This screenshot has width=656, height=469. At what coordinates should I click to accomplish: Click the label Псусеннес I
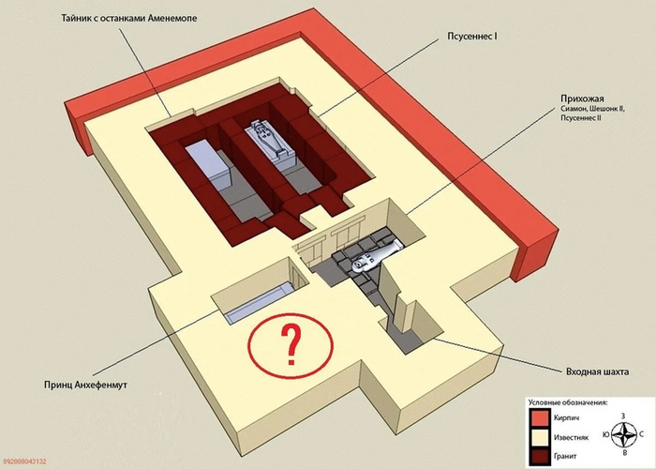(472, 37)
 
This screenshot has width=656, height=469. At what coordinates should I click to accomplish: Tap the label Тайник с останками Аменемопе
(129, 19)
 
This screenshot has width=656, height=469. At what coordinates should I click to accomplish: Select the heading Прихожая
(582, 98)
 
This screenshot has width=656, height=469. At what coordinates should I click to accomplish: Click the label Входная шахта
(597, 371)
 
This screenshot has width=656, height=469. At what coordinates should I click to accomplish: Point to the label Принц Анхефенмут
(85, 385)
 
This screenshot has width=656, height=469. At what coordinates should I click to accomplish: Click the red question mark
(291, 345)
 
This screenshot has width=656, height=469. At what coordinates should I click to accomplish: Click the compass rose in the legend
(623, 433)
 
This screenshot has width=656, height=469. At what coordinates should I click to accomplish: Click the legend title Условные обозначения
(568, 402)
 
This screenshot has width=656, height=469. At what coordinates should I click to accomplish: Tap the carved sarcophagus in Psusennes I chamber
(271, 144)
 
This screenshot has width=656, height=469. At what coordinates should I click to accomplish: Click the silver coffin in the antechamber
(375, 258)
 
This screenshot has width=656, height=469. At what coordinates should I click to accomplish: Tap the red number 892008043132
(23, 461)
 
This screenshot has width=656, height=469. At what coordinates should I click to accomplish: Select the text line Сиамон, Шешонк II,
(593, 109)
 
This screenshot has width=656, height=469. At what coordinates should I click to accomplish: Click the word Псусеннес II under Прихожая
(581, 118)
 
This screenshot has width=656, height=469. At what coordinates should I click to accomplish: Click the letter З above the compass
(623, 416)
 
